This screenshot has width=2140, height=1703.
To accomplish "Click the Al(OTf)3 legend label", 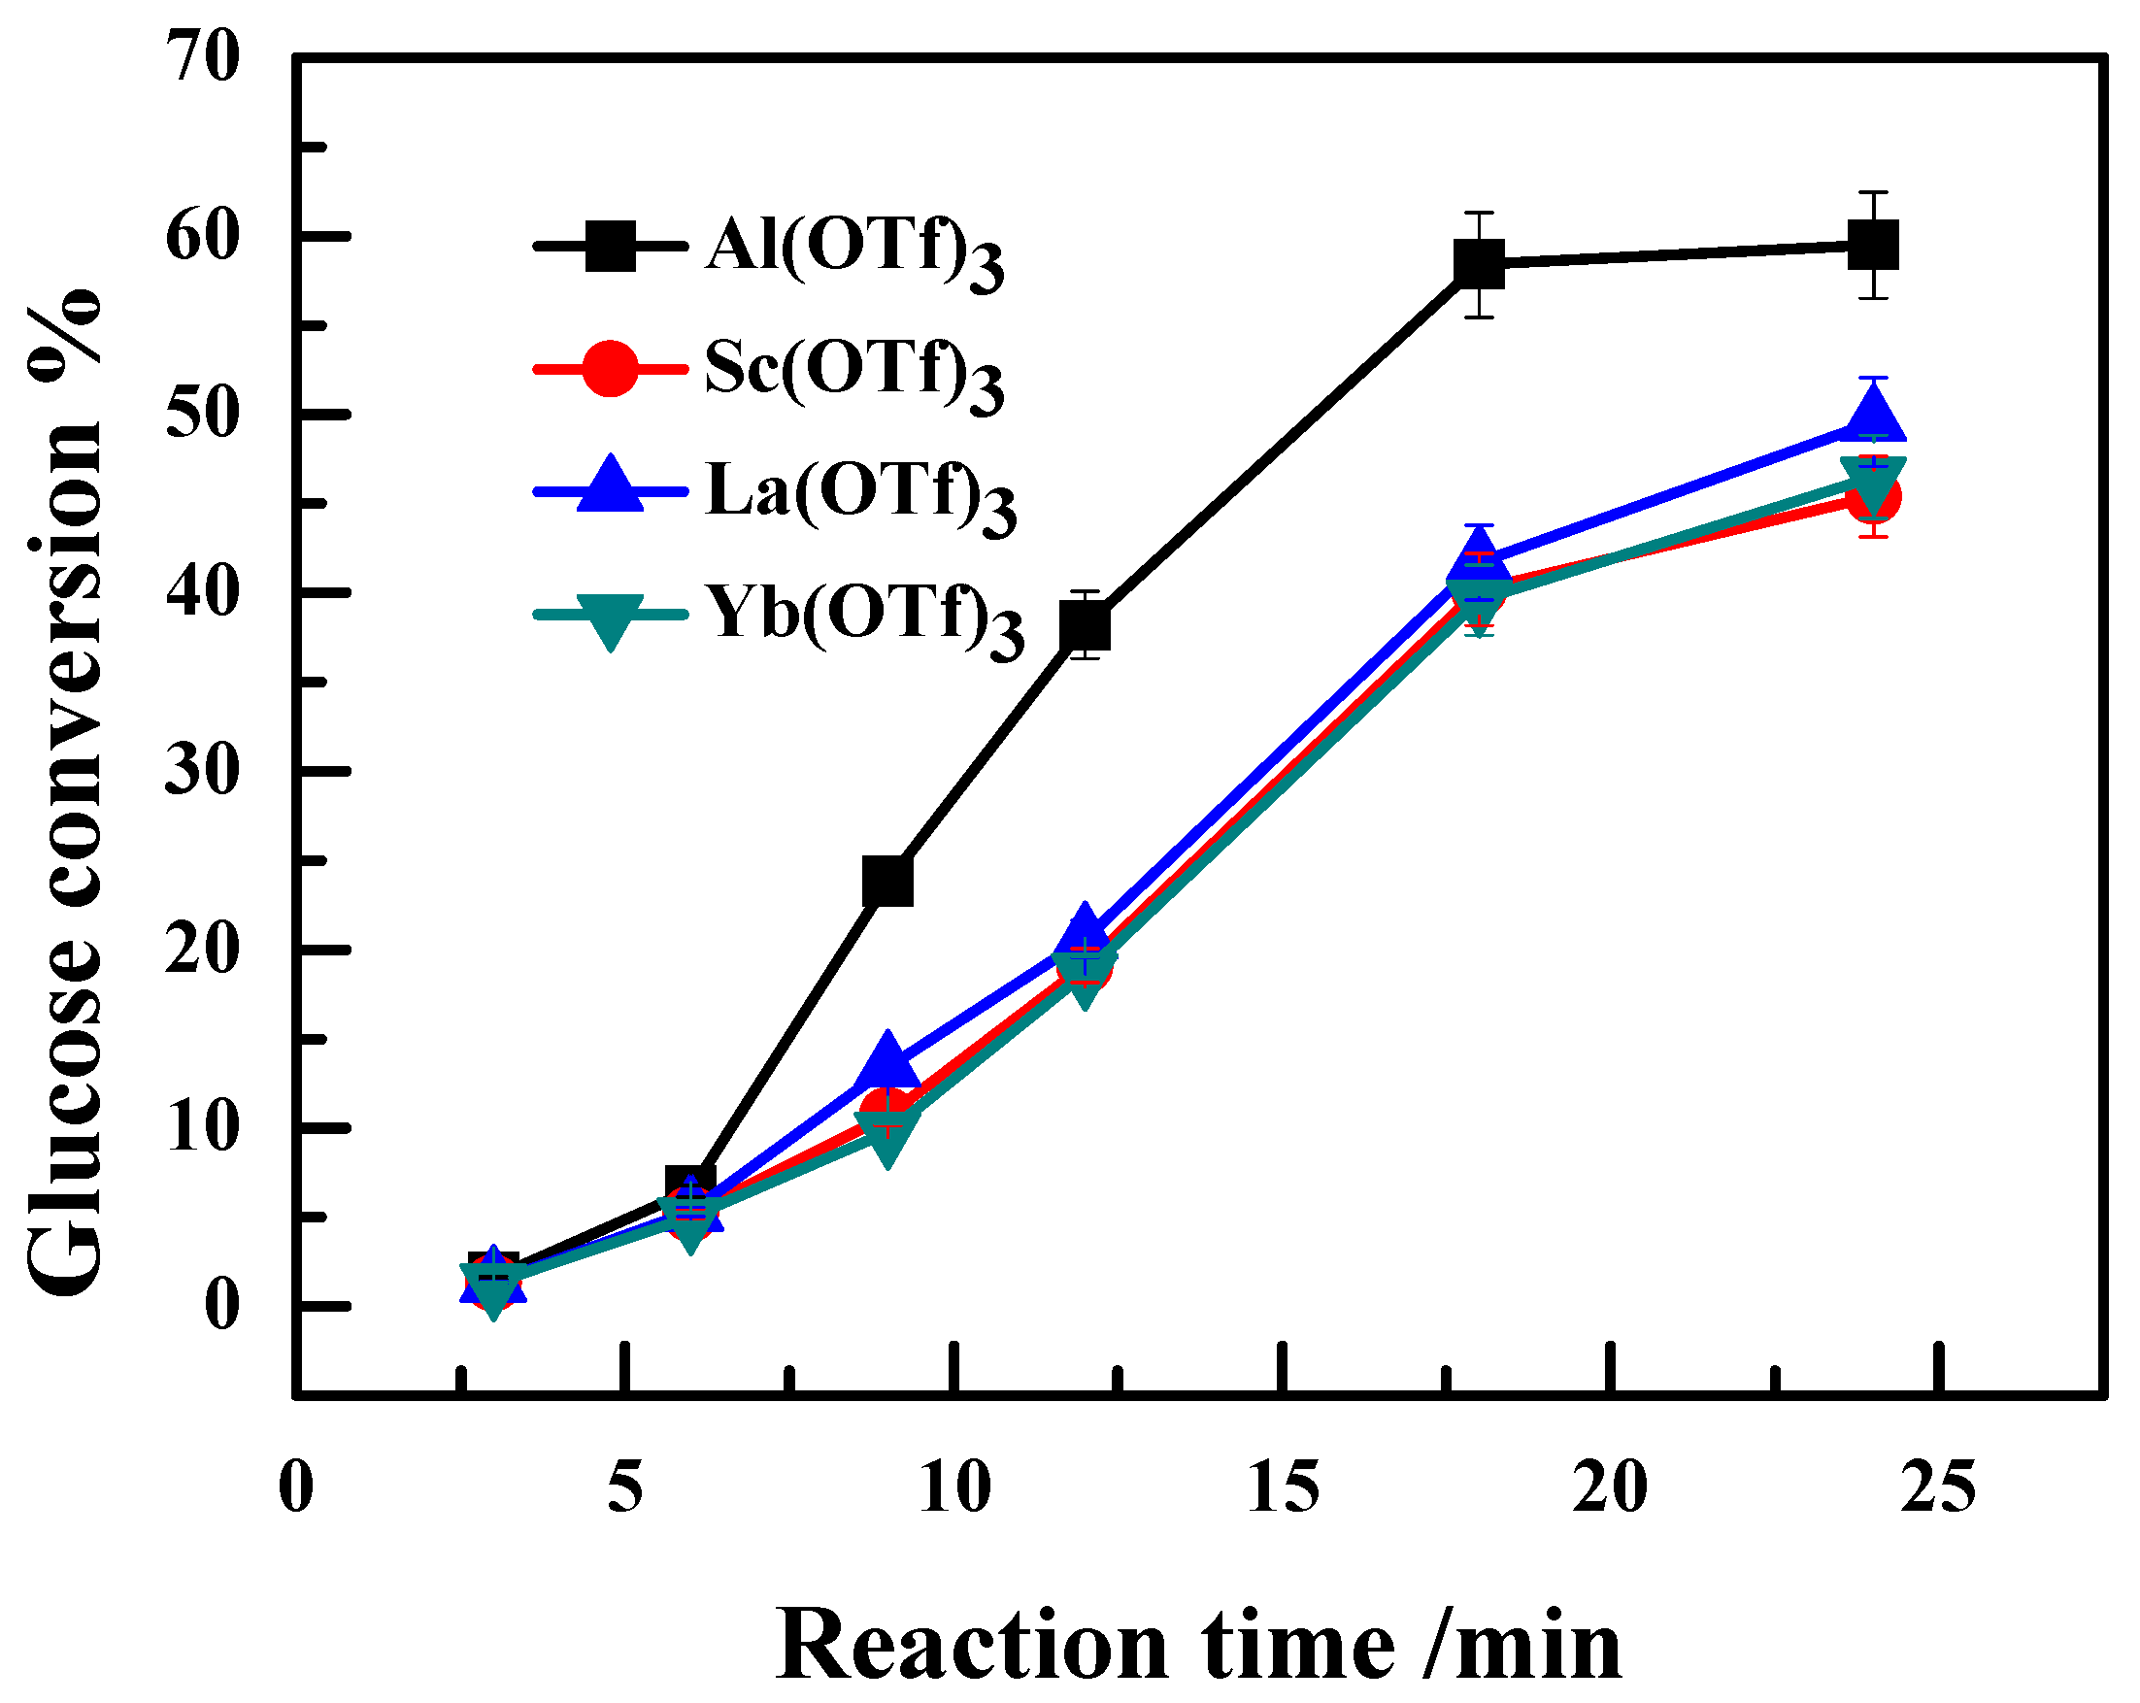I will (x=853, y=249).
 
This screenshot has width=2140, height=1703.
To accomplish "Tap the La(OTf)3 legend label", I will (x=859, y=493).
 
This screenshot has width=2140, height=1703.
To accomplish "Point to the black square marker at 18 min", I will (x=1479, y=264).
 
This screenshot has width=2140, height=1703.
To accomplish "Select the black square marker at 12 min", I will (x=1085, y=626).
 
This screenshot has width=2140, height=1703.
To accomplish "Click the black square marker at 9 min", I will (x=887, y=881).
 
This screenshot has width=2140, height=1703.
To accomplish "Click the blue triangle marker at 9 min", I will (x=887, y=1060).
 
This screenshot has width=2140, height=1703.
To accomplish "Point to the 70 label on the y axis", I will (x=203, y=57).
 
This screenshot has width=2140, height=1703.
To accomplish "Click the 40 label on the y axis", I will (x=203, y=593).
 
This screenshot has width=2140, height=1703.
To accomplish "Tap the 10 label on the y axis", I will (x=203, y=1128).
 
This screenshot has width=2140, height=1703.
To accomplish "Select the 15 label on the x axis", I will (x=1284, y=1487).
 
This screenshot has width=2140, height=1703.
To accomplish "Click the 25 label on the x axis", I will (x=1938, y=1487).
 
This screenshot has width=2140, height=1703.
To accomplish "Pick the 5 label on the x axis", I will (x=625, y=1487).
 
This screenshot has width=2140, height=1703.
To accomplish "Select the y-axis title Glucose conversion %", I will (x=65, y=794).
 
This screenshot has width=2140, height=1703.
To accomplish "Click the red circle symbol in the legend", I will (x=610, y=370).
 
